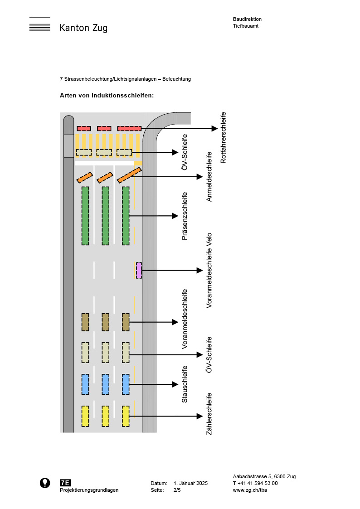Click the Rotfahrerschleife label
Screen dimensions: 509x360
pyautogui.click(x=223, y=138)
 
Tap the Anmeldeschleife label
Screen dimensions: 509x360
pyautogui.click(x=209, y=177)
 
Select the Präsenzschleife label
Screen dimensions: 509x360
pyautogui.click(x=185, y=216)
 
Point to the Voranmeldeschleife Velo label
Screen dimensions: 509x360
pyautogui.click(x=209, y=271)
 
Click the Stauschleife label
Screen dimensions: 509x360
pyautogui.click(x=185, y=384)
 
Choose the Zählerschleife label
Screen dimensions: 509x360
pyautogui.click(x=209, y=414)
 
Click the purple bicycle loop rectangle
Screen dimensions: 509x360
pyautogui.click(x=139, y=270)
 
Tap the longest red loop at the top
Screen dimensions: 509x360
pyautogui.click(x=129, y=128)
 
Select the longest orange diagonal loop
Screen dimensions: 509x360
pyautogui.click(x=129, y=175)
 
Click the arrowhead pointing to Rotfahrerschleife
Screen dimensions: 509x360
pyautogui.click(x=214, y=128)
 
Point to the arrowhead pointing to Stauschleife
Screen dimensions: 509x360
pyautogui.click(x=175, y=384)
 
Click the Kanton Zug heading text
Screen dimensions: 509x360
pyautogui.click(x=83, y=28)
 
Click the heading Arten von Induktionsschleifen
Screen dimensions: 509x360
pyautogui.click(x=107, y=96)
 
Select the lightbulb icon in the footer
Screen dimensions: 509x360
pyautogui.click(x=45, y=483)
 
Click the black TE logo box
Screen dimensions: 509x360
pyautogui.click(x=65, y=483)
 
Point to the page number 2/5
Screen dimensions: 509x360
pyautogui.click(x=177, y=490)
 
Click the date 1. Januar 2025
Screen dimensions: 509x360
pyautogui.click(x=190, y=483)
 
